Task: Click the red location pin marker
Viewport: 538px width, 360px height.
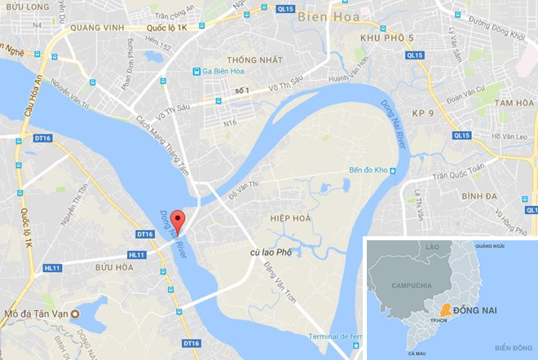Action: click(179, 220)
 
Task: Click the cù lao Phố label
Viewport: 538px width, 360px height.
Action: click(271, 253)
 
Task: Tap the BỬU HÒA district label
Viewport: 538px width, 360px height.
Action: click(114, 267)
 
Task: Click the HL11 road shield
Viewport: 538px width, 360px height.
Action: click(54, 267)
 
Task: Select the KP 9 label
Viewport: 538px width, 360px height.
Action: click(422, 111)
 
